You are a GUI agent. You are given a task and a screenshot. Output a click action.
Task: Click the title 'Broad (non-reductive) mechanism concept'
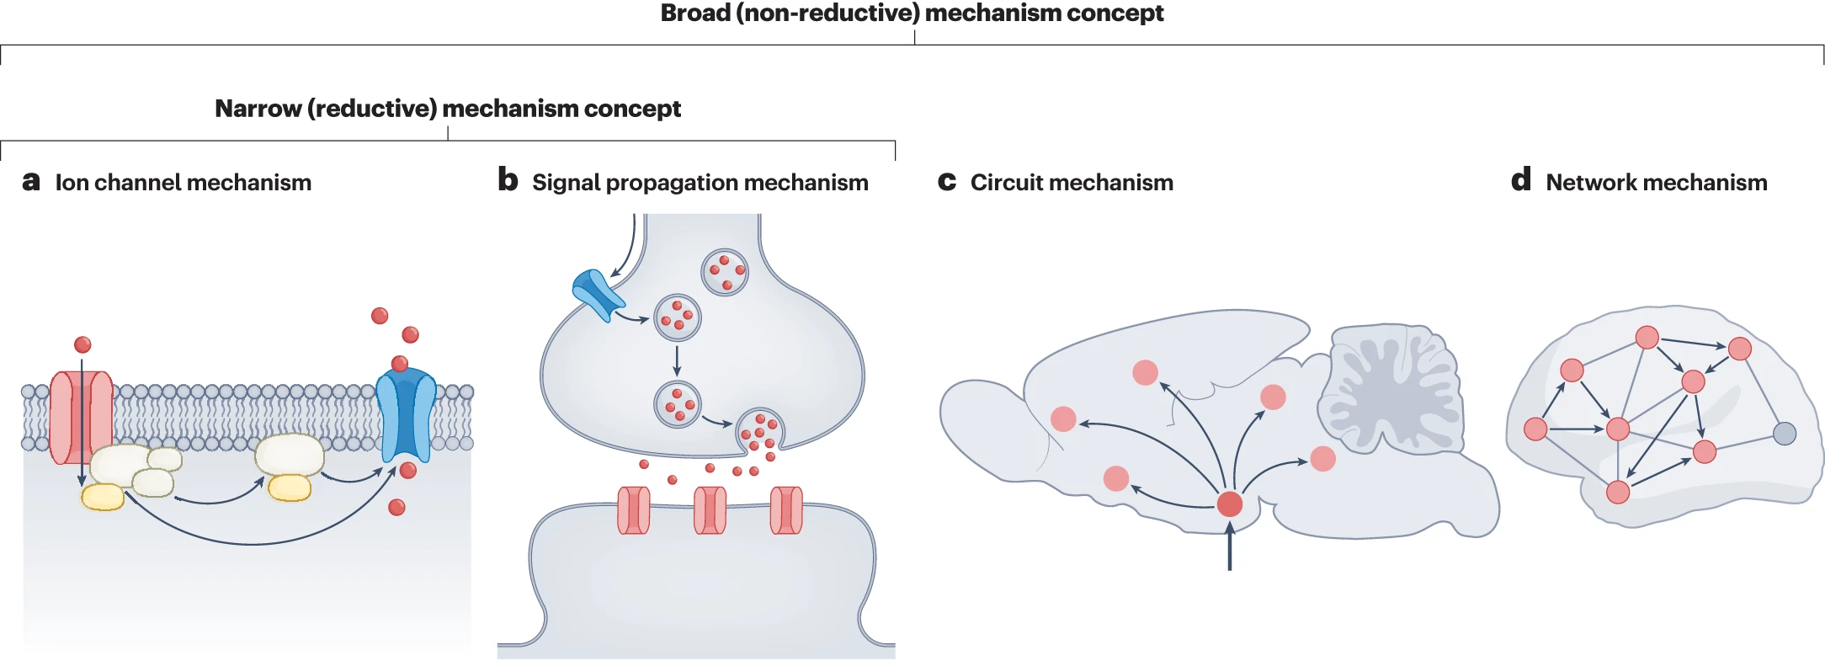(912, 13)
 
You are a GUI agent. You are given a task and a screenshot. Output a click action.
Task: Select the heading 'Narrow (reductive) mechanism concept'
(448, 109)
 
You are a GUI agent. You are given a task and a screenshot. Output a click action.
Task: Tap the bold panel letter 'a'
(31, 181)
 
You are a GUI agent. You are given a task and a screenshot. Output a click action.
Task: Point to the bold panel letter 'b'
(508, 179)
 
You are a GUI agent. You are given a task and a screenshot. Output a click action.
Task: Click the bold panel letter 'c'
(947, 182)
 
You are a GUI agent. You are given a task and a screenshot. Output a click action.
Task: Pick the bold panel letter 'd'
(1520, 179)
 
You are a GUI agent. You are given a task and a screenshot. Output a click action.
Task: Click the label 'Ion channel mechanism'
(184, 183)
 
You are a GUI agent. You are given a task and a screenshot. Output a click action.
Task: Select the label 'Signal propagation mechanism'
(700, 183)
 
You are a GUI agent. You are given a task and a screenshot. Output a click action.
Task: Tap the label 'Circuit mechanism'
(1072, 183)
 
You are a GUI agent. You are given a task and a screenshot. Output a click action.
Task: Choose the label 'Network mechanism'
(1656, 183)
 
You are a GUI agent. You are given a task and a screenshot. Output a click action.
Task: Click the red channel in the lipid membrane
(81, 418)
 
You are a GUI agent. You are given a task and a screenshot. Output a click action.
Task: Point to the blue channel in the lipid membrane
(406, 418)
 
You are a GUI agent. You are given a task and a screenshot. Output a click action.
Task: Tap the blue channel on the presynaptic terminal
(597, 294)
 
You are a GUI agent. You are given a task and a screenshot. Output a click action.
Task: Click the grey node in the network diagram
(1785, 434)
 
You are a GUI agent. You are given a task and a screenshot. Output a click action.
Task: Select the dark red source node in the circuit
(1230, 504)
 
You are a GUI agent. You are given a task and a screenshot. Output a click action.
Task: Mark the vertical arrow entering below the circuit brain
(1230, 547)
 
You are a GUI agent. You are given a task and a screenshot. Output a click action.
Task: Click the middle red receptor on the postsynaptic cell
(710, 510)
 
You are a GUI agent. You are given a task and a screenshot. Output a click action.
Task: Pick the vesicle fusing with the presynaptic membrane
(760, 430)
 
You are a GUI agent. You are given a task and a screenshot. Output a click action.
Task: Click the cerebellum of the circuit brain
(1391, 390)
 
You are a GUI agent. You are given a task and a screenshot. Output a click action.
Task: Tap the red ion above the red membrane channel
(82, 344)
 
